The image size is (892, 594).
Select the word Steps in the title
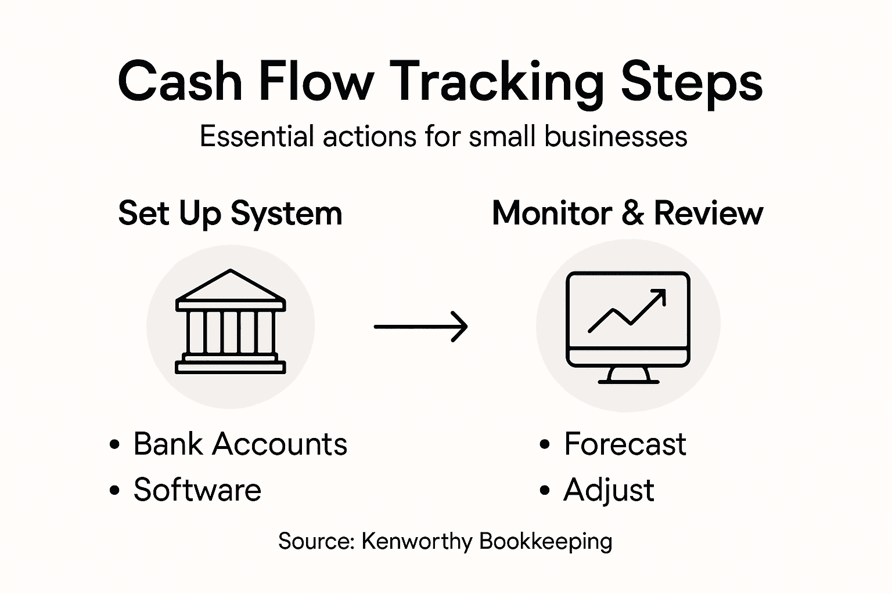tap(691, 83)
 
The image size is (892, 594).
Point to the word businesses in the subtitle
tap(616, 137)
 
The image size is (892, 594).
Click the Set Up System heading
tap(230, 213)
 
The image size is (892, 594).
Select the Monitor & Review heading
tap(627, 213)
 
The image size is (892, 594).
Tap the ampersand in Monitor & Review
tap(632, 213)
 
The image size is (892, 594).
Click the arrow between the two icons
tap(420, 327)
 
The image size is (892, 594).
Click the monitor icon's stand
tap(628, 375)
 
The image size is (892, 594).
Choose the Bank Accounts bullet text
tap(240, 444)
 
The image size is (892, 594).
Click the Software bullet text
tap(197, 490)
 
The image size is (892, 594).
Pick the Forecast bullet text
tap(625, 444)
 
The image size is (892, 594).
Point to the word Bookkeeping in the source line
tap(546, 542)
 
